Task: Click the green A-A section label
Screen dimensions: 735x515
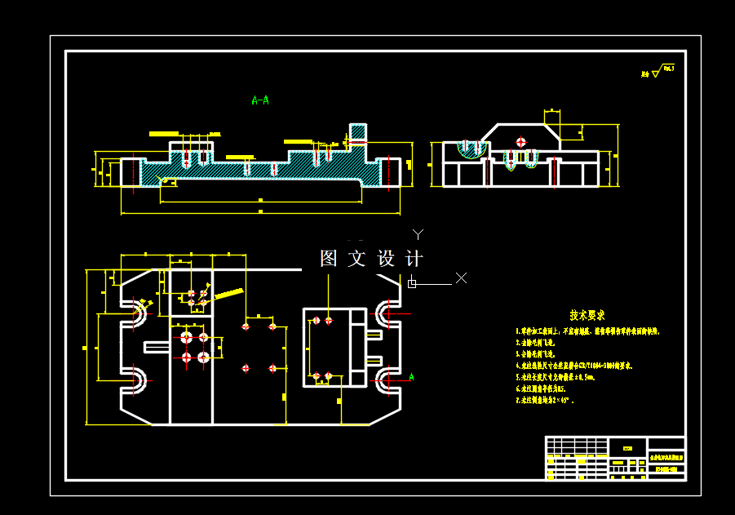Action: (x=260, y=100)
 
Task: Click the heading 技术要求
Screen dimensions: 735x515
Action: (x=587, y=315)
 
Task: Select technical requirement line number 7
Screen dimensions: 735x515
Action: (x=545, y=402)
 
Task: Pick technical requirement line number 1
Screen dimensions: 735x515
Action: (x=587, y=332)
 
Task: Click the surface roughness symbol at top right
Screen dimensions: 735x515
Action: (x=659, y=73)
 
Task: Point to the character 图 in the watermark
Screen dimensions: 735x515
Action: (x=329, y=259)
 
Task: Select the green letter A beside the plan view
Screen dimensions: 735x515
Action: (x=411, y=376)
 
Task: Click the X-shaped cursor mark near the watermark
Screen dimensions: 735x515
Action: (x=461, y=277)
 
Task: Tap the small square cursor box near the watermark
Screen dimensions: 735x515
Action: (x=412, y=283)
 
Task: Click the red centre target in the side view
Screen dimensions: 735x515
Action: (x=521, y=142)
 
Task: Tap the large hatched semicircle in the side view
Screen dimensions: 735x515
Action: (x=471, y=149)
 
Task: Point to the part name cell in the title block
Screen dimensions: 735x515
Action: (x=666, y=457)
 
